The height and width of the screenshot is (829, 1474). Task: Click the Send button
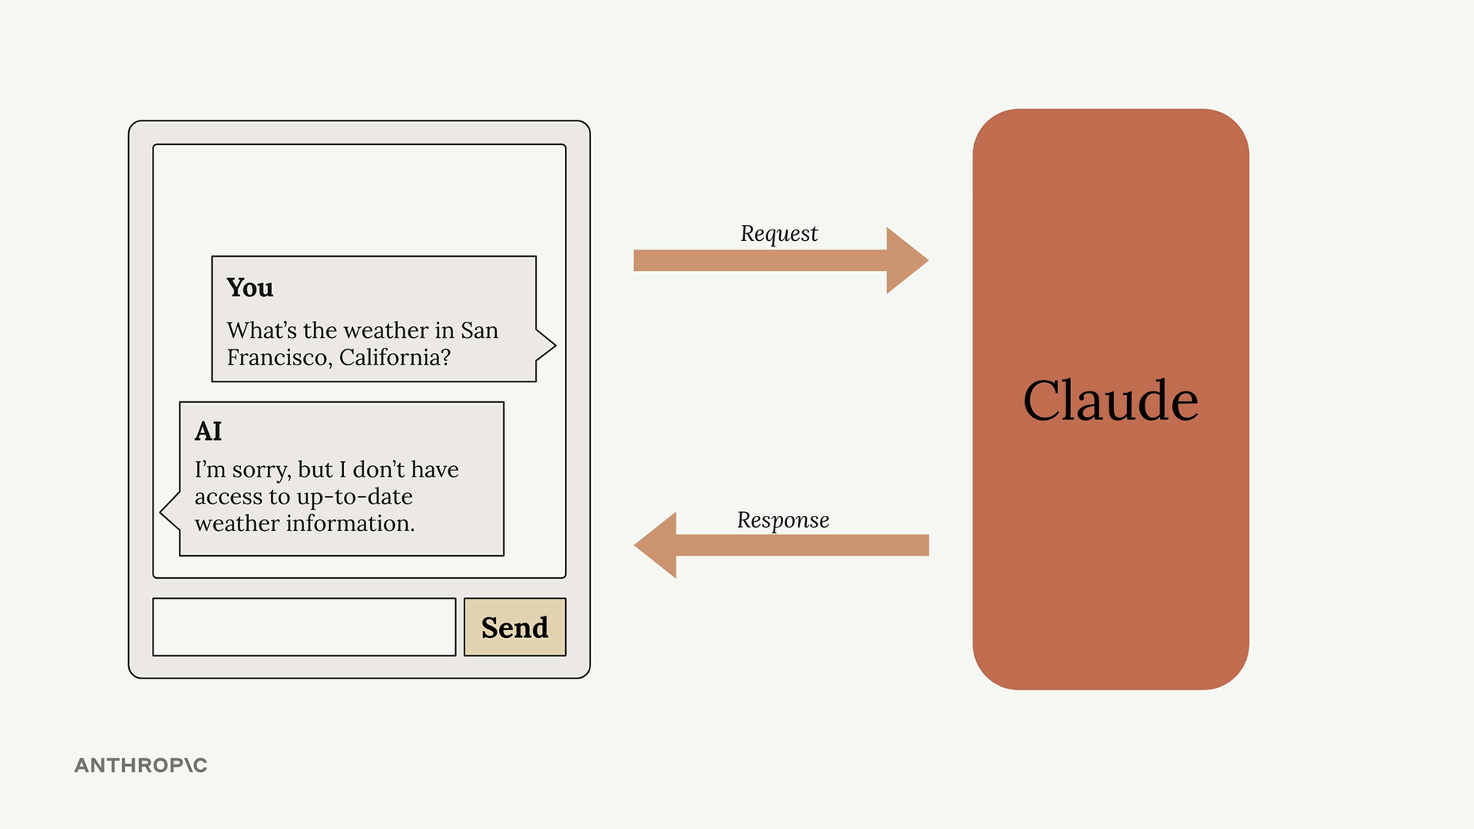tap(514, 627)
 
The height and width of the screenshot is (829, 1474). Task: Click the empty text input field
tap(304, 627)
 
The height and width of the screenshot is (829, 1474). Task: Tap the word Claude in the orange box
tap(1110, 401)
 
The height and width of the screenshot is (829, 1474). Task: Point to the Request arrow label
tap(778, 233)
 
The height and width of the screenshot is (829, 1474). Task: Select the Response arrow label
tap(782, 520)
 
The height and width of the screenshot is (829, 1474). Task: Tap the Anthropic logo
tap(140, 765)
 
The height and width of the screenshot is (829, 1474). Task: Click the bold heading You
tap(250, 287)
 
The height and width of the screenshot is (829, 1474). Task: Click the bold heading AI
tap(208, 431)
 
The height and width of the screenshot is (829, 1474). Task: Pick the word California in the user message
tap(395, 358)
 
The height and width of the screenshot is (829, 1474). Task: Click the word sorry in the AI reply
tap(261, 470)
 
